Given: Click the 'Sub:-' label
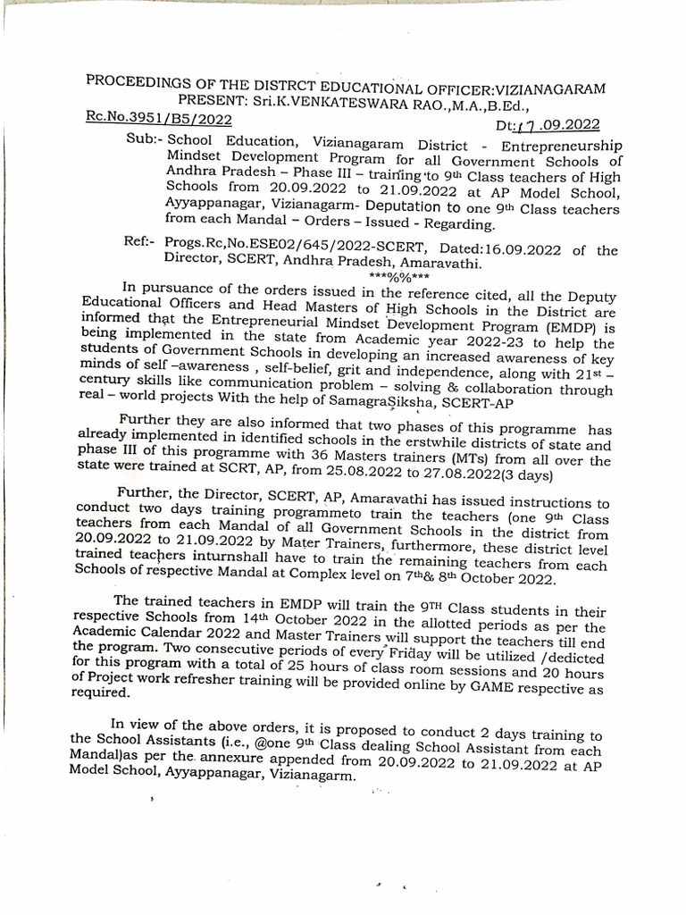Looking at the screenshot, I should [143, 143].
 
